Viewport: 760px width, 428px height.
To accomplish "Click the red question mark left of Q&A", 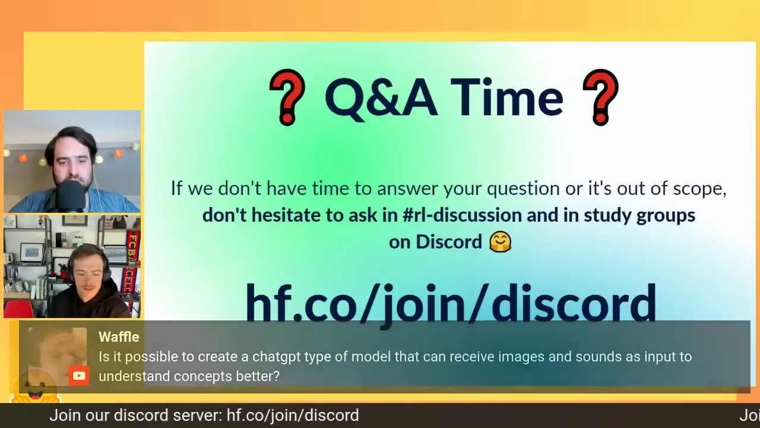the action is point(287,97).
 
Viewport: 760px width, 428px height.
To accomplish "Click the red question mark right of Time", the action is point(600,97).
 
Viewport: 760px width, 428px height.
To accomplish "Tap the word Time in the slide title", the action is point(507,98).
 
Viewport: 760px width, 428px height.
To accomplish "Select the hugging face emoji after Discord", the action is point(500,242).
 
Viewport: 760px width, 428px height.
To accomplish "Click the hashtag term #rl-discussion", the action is point(462,215).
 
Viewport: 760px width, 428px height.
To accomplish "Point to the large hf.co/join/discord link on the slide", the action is point(451,303).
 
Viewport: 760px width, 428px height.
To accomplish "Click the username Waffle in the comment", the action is point(119,337).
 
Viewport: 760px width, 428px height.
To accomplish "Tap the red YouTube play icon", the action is point(79,376).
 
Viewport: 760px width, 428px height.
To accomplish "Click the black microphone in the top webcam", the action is point(71,196).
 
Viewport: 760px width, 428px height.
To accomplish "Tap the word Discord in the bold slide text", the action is point(449,242).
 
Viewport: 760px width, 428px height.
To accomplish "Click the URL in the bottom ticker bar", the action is point(293,416).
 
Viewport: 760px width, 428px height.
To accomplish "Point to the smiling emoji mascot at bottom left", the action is point(36,387).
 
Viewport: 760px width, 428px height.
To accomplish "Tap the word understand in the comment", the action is point(134,376).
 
